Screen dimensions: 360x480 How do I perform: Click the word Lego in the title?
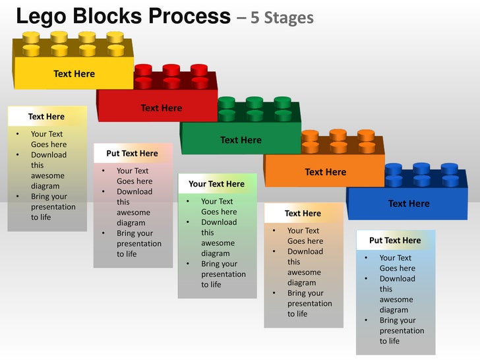[39, 16]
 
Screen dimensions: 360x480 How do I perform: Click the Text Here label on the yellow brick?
[74, 74]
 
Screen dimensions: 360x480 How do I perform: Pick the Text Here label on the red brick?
[161, 108]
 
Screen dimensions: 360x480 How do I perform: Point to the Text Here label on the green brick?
[241, 140]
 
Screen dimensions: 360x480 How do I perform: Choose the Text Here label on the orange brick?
[325, 172]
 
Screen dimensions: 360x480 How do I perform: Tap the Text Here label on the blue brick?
[409, 204]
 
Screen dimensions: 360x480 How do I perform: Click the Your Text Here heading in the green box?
[216, 184]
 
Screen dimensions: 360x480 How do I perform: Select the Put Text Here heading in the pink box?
[132, 154]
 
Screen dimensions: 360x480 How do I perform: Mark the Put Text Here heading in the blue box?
[395, 241]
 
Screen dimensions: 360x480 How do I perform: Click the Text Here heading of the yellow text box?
[46, 117]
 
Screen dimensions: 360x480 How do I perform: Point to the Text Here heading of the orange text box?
[303, 214]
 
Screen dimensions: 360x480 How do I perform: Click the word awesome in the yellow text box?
[47, 176]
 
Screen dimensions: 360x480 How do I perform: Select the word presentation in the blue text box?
[402, 331]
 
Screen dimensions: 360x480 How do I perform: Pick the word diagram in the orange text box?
[301, 283]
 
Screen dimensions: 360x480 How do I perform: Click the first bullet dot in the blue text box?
[366, 258]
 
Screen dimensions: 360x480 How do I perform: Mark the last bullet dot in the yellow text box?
[17, 196]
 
